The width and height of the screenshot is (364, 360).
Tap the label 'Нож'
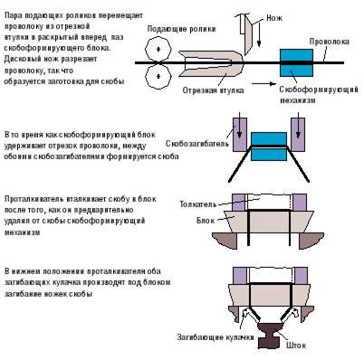coord(274,18)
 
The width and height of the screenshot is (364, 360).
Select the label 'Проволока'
coord(329,42)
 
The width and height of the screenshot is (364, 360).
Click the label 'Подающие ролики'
coord(181,29)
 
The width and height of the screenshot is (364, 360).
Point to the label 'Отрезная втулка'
coord(213,90)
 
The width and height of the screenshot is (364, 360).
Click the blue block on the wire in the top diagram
coord(296,62)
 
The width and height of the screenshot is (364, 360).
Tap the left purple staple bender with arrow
coord(240,135)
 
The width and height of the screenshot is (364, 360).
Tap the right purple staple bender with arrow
coord(298,135)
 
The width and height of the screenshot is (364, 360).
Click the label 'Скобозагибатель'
coord(197,144)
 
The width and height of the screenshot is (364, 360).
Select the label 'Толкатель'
coord(198,204)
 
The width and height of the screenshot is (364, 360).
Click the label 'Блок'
coord(206,221)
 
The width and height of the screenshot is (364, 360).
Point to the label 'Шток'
coord(296,345)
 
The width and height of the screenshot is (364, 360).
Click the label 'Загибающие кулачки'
coord(216,337)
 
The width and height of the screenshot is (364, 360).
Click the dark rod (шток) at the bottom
coord(270,336)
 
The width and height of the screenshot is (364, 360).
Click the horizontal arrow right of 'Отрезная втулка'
coord(264,84)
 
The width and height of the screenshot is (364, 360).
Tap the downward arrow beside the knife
coord(259,34)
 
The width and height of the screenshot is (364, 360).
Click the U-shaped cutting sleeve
coord(211,63)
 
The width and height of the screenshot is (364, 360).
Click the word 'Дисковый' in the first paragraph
coord(24,60)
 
